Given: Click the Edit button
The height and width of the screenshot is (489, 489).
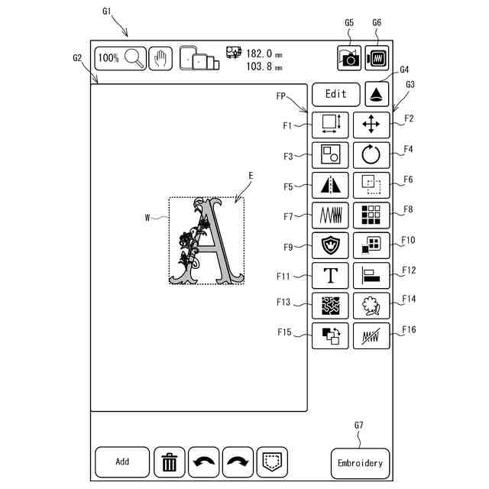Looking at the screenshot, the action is [335, 94].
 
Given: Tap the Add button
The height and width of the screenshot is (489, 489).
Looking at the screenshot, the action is [122, 461].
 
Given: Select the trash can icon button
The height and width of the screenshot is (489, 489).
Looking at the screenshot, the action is [170, 462].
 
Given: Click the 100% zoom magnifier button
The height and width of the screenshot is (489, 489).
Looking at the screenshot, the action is [121, 58].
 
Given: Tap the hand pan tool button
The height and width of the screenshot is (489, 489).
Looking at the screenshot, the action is [160, 58].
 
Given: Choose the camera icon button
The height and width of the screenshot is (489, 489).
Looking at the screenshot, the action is [349, 58].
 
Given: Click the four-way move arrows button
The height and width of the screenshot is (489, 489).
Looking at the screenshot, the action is [371, 124].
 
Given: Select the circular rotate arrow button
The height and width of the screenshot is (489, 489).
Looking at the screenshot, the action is [371, 154].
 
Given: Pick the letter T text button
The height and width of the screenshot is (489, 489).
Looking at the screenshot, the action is [331, 275].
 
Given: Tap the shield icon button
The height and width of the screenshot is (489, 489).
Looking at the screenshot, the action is [331, 244].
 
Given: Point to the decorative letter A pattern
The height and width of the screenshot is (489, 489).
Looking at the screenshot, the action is [206, 241].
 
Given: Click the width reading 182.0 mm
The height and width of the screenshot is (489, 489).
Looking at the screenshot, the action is [259, 53].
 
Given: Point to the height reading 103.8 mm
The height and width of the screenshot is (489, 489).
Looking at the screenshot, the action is [259, 66].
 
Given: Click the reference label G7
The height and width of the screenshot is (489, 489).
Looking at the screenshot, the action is [359, 425].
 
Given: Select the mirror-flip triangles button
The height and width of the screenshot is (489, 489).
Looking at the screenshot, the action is [331, 183].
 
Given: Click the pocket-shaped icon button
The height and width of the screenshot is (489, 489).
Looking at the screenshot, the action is [271, 462].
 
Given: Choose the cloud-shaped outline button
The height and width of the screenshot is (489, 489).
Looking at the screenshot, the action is [371, 305].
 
